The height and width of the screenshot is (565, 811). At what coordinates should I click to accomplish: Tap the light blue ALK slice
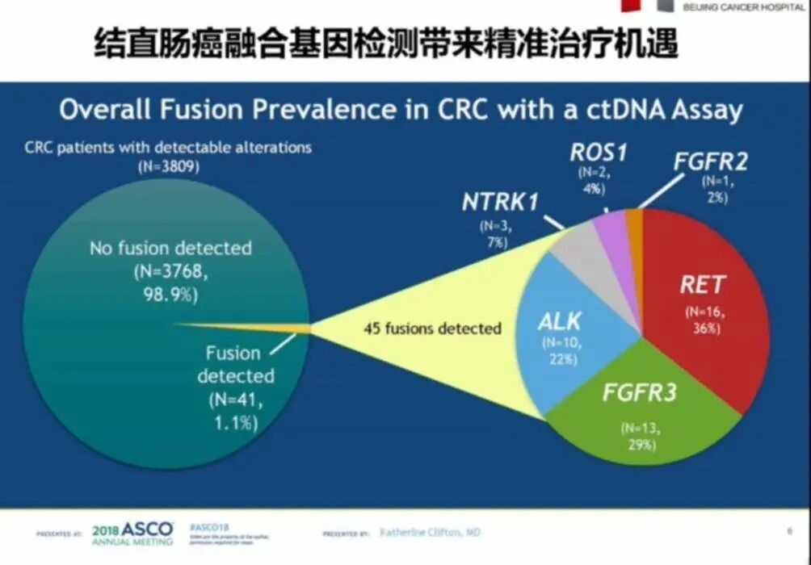(x=557, y=339)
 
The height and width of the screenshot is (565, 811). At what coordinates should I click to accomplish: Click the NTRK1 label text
(x=500, y=202)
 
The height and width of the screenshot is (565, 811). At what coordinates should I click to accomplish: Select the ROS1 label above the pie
(x=598, y=152)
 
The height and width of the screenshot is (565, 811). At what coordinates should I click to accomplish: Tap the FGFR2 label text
(x=711, y=161)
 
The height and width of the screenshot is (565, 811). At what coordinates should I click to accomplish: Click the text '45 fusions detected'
(x=432, y=329)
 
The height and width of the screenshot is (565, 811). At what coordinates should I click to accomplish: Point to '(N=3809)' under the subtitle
(x=168, y=168)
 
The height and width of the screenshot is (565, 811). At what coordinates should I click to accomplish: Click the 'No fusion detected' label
(x=170, y=248)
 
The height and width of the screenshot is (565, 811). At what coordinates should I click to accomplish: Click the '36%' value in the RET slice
(x=702, y=329)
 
